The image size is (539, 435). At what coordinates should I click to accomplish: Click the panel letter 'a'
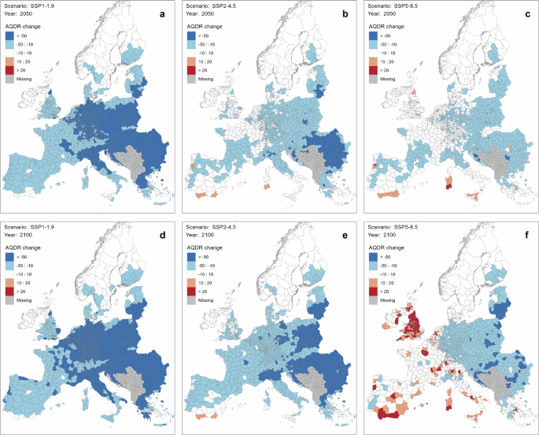coord(162,14)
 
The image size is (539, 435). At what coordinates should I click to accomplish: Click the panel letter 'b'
coord(344,14)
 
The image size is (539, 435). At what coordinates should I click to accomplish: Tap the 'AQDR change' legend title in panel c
coord(387,25)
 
